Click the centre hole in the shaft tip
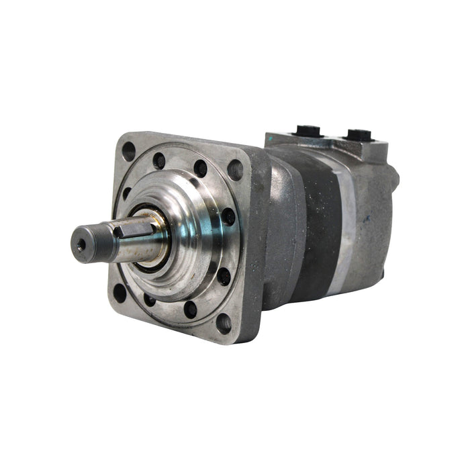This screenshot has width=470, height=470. click(81, 246)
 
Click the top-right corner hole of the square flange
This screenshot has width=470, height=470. click(235, 170)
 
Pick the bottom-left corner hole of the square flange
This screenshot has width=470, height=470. click(120, 292)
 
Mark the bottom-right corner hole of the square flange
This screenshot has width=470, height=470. click(223, 323)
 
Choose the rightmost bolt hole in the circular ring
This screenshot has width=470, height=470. click(229, 217)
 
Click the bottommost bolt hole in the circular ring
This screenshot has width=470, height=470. click(190, 309)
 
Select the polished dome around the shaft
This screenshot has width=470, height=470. click(191, 232)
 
